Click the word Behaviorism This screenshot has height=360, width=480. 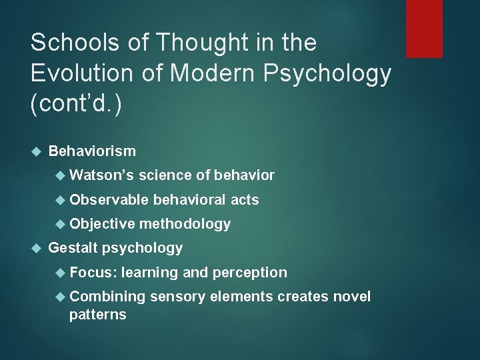click(x=92, y=151)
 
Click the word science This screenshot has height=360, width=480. click(x=165, y=175)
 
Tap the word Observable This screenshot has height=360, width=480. click(x=109, y=199)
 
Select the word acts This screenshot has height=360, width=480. click(x=245, y=199)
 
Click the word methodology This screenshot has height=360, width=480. click(x=185, y=224)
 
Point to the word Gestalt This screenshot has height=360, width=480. click(x=72, y=248)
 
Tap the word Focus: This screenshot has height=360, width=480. click(x=93, y=272)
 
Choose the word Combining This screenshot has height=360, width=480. click(x=107, y=296)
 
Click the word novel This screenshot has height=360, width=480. click(x=351, y=296)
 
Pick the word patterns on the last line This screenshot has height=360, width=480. click(x=97, y=315)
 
